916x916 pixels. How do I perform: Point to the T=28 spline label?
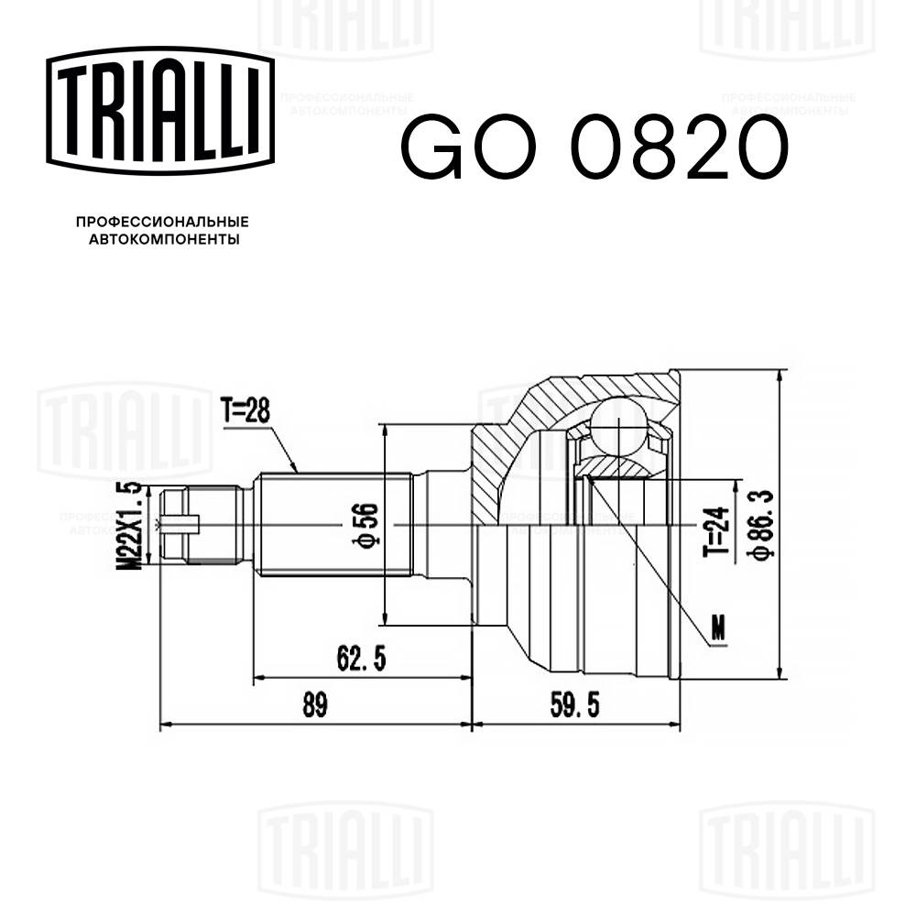pyautogui.click(x=245, y=412)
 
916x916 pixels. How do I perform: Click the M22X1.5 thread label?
pyautogui.click(x=131, y=526)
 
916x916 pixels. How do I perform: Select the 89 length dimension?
pyautogui.click(x=314, y=704)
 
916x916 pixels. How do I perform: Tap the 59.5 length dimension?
pyautogui.click(x=575, y=704)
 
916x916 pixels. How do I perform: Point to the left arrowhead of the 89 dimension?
pyautogui.click(x=165, y=724)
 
